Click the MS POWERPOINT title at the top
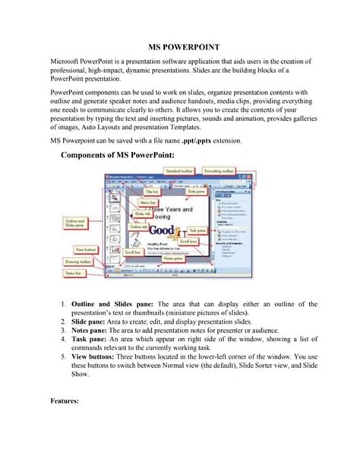pyautogui.click(x=179, y=47)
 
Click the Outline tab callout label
pyautogui.click(x=139, y=226)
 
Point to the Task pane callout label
pyautogui.click(x=218, y=229)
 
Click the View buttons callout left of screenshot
pyautogui.click(x=84, y=248)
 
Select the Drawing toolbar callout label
pyautogui.click(x=81, y=260)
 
